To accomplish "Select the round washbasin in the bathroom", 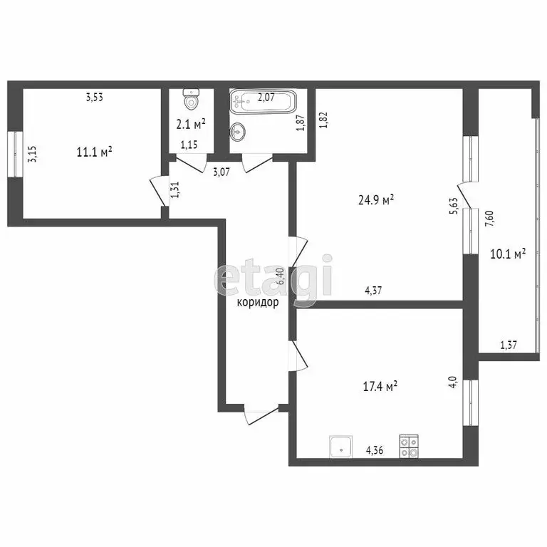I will tap(239, 132).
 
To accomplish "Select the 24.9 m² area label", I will tap(376, 202).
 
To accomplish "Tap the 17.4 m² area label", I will tap(380, 387).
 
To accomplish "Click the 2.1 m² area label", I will tap(191, 124).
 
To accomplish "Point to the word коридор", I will tap(258, 302).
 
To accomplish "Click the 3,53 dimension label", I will tap(95, 98).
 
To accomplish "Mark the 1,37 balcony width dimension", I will tap(509, 345).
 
